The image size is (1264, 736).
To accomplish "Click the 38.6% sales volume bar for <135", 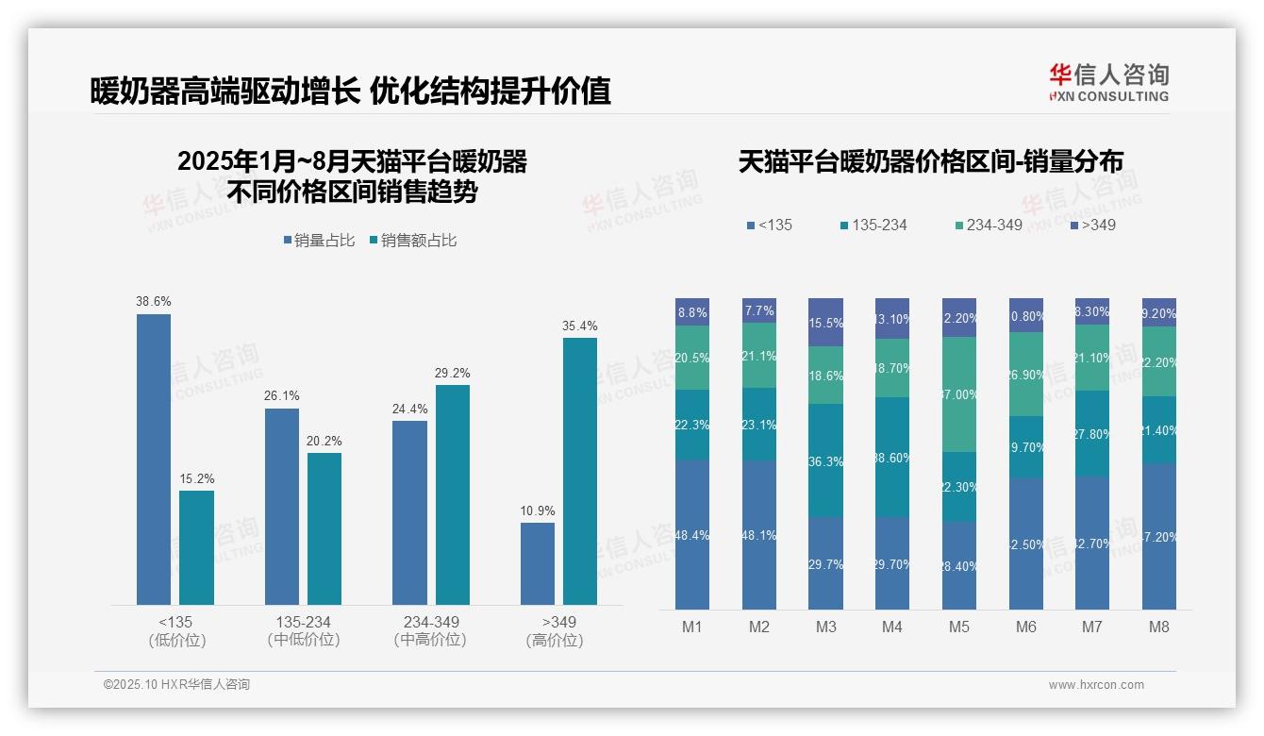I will pos(154,460).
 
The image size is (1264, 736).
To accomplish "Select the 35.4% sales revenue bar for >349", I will pos(580,471).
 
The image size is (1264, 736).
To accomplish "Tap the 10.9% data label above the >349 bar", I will pos(538,510).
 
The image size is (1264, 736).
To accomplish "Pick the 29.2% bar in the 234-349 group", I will pos(452,494).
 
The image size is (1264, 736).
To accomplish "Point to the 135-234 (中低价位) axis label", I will pos(304,630).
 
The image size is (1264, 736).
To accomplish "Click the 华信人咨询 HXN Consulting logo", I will pos(1108,83).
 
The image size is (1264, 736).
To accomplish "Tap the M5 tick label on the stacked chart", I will pos(958,627).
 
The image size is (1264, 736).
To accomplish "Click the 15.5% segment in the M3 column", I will pos(825,322).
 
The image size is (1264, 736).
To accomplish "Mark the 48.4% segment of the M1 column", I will pos(692,534).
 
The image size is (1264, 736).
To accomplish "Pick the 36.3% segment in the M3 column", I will pos(825,460).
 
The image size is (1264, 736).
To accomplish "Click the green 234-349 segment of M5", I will pos(959,394).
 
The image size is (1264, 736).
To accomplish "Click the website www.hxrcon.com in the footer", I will pos(1096,685).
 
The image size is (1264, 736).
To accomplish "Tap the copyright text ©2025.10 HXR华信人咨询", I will pos(176,685).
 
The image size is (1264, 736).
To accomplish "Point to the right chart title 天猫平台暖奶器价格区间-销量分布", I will pos(930,162).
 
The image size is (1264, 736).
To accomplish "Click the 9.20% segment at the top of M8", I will pos(1159,312).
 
